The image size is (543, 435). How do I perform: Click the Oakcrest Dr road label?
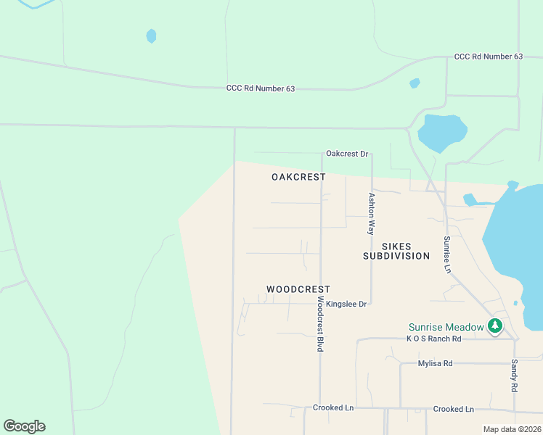(x=347, y=154)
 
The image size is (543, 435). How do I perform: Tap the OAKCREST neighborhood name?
(x=298, y=177)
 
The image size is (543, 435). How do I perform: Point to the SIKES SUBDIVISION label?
(x=396, y=251)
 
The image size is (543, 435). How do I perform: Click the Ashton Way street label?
(x=371, y=213)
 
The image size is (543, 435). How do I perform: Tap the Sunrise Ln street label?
(x=447, y=254)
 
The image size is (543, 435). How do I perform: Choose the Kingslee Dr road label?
(x=347, y=304)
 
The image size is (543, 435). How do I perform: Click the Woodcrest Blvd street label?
(x=319, y=323)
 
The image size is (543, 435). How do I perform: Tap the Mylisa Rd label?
(x=436, y=363)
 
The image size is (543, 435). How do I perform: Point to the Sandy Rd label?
(x=514, y=376)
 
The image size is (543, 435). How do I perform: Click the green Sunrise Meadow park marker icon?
(x=495, y=326)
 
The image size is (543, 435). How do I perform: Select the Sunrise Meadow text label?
(x=446, y=327)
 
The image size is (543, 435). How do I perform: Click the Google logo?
(x=24, y=426)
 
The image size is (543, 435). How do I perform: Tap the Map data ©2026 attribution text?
(x=513, y=429)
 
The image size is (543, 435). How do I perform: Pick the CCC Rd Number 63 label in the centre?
(x=261, y=88)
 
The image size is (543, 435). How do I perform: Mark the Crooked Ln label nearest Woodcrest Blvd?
(x=333, y=407)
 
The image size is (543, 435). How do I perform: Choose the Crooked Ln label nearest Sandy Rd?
(x=453, y=409)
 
